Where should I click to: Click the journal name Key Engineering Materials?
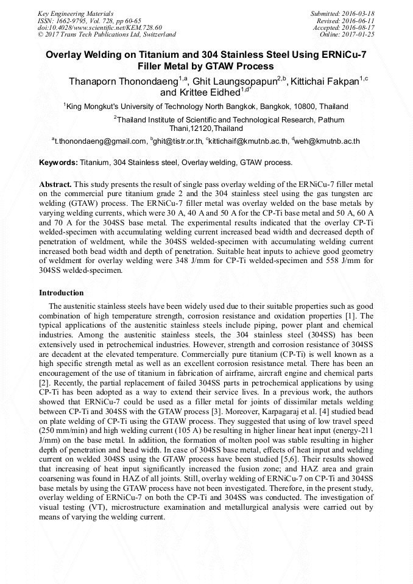tap(75, 13)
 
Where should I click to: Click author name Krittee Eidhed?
tap(199, 93)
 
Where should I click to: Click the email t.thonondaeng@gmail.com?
tap(101, 141)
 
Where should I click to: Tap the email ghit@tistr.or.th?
tap(178, 141)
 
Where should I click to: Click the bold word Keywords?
tap(58, 163)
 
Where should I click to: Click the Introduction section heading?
tap(62, 293)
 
